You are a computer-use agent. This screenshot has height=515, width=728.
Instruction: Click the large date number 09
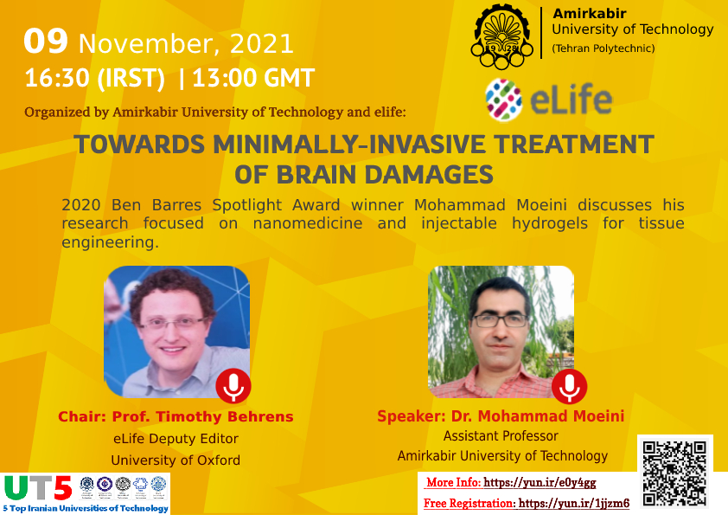[x=46, y=42]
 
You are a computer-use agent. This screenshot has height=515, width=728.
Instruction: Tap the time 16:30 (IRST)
[x=95, y=78]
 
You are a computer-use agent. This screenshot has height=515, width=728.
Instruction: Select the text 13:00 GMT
[x=253, y=78]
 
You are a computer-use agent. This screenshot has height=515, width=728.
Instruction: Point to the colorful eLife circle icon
[x=503, y=100]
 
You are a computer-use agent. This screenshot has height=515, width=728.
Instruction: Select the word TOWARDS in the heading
[x=139, y=145]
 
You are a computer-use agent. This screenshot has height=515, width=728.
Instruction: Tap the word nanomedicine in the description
[x=307, y=223]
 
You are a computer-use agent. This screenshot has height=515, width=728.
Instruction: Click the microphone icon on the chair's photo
[x=233, y=386]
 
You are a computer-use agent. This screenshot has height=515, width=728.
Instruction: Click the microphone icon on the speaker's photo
[x=569, y=386]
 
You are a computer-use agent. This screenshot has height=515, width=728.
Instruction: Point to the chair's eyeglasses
[x=172, y=323]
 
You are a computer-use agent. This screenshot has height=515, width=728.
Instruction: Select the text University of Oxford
[x=176, y=460]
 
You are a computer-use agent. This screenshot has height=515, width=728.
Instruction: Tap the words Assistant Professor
[x=501, y=436]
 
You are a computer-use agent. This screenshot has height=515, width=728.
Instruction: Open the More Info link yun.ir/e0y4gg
[x=540, y=482]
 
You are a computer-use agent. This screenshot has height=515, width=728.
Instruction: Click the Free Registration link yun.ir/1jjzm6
[x=574, y=503]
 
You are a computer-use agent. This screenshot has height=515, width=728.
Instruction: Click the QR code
[x=675, y=473]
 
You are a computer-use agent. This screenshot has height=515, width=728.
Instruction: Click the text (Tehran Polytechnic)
[x=603, y=48]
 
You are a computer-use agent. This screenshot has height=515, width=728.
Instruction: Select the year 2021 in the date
[x=262, y=44]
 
